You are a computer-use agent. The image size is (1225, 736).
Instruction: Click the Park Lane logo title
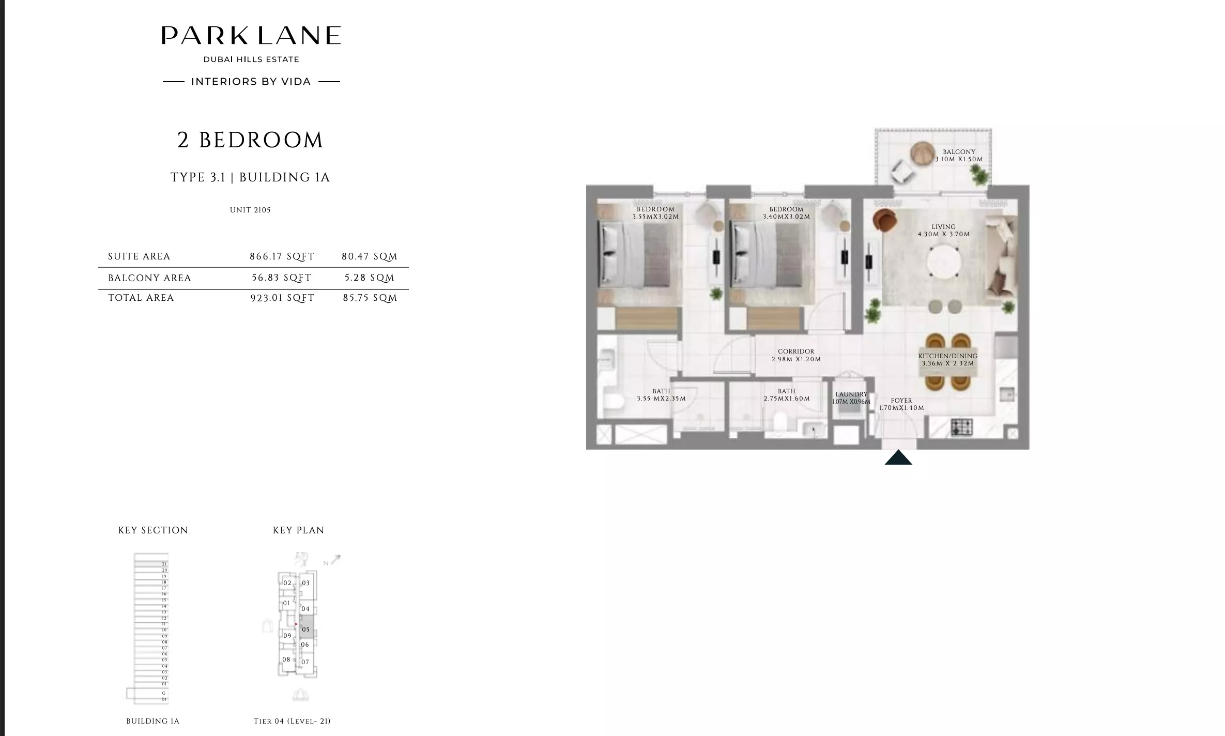click(x=251, y=36)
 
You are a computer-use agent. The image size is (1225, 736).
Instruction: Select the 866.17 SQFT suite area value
click(x=282, y=256)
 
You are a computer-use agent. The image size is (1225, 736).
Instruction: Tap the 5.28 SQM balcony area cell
click(x=370, y=278)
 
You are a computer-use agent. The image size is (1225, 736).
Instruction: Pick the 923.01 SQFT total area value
click(x=282, y=298)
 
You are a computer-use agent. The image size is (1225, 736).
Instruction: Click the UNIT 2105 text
click(x=250, y=210)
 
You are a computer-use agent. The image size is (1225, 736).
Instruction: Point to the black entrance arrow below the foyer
click(x=898, y=457)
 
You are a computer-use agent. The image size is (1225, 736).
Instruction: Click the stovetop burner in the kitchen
click(x=961, y=427)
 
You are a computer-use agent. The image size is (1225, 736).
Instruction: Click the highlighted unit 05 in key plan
click(x=306, y=629)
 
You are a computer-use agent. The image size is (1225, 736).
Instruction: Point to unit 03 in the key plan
click(x=306, y=583)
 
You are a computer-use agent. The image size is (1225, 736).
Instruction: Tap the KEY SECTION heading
click(x=153, y=530)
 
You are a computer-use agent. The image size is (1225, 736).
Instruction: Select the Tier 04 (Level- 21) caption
click(x=292, y=721)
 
